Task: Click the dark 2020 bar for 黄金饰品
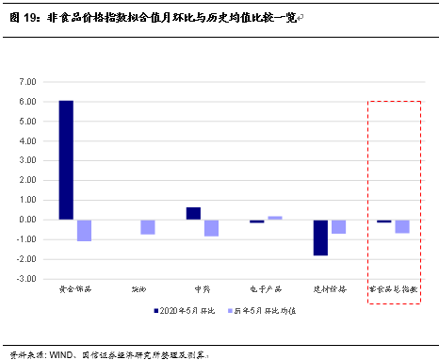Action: pyautogui.click(x=66, y=159)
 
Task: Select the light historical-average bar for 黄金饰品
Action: pyautogui.click(x=84, y=230)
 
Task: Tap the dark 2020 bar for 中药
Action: pyautogui.click(x=193, y=213)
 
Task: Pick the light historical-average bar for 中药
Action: pyautogui.click(x=211, y=227)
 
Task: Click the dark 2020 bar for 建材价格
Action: pyautogui.click(x=320, y=237)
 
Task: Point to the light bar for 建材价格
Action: pyautogui.click(x=338, y=226)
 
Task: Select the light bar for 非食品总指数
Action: pyautogui.click(x=402, y=226)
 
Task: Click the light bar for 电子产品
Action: pyautogui.click(x=275, y=218)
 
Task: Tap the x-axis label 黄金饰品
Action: pyautogui.click(x=74, y=289)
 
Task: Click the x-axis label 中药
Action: pyautogui.click(x=202, y=289)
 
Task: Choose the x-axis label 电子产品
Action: pyautogui.click(x=266, y=289)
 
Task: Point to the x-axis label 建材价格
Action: pyautogui.click(x=330, y=289)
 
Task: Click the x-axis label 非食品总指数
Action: pyautogui.click(x=393, y=289)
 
